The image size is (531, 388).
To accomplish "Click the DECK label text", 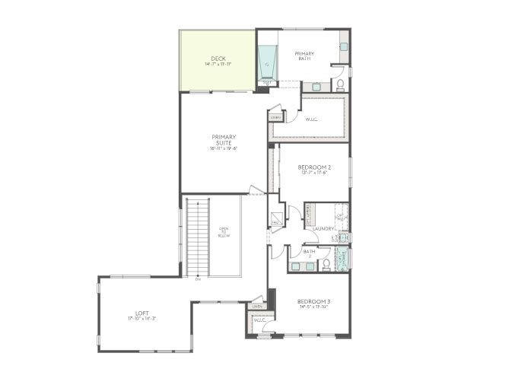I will pos(218,59).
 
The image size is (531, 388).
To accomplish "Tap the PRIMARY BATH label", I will pos(305,56).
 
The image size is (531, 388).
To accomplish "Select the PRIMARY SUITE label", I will pos(224,140).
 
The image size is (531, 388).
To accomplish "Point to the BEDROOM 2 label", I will pos(313,167).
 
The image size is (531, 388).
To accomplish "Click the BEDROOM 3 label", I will pos(313,302).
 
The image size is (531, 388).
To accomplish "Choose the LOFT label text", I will pos(141,313).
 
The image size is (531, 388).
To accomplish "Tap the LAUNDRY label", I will pos(323,227).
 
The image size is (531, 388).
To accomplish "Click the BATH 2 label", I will pos(310,253).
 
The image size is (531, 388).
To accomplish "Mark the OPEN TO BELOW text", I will pos(224,232).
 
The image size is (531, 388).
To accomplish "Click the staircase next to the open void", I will pos(197,236).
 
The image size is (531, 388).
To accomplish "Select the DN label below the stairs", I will pos(198,279).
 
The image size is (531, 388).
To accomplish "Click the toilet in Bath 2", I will pos(326,264).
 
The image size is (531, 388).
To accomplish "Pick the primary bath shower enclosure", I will pos(268,63).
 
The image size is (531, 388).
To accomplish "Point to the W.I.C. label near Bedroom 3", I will pos(259,320).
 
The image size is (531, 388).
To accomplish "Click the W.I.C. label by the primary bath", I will pos(312,119).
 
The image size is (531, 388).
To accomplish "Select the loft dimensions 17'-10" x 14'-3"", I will pos(141,319).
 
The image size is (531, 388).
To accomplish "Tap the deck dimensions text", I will pos(218,65).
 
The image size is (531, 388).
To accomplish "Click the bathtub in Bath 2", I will pos(343,256).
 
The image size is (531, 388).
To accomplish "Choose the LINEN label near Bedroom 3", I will pos(258,307).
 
